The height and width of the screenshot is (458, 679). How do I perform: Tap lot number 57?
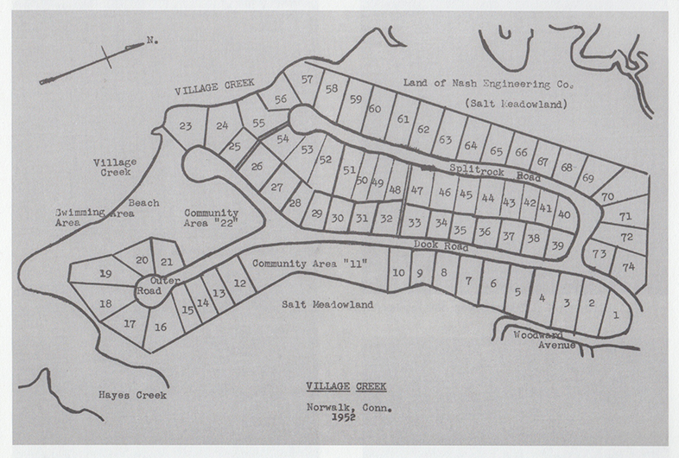(x=307, y=79)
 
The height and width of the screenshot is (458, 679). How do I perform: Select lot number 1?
(x=615, y=315)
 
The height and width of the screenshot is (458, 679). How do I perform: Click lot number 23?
(x=185, y=126)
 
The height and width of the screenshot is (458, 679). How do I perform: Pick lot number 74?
(x=628, y=267)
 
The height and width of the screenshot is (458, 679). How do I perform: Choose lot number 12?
(x=240, y=283)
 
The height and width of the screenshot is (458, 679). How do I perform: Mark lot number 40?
(x=564, y=213)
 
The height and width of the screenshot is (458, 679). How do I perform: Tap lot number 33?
(x=415, y=222)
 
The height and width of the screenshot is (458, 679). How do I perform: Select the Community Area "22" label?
(x=212, y=220)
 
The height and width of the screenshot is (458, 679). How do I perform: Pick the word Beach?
(x=144, y=203)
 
